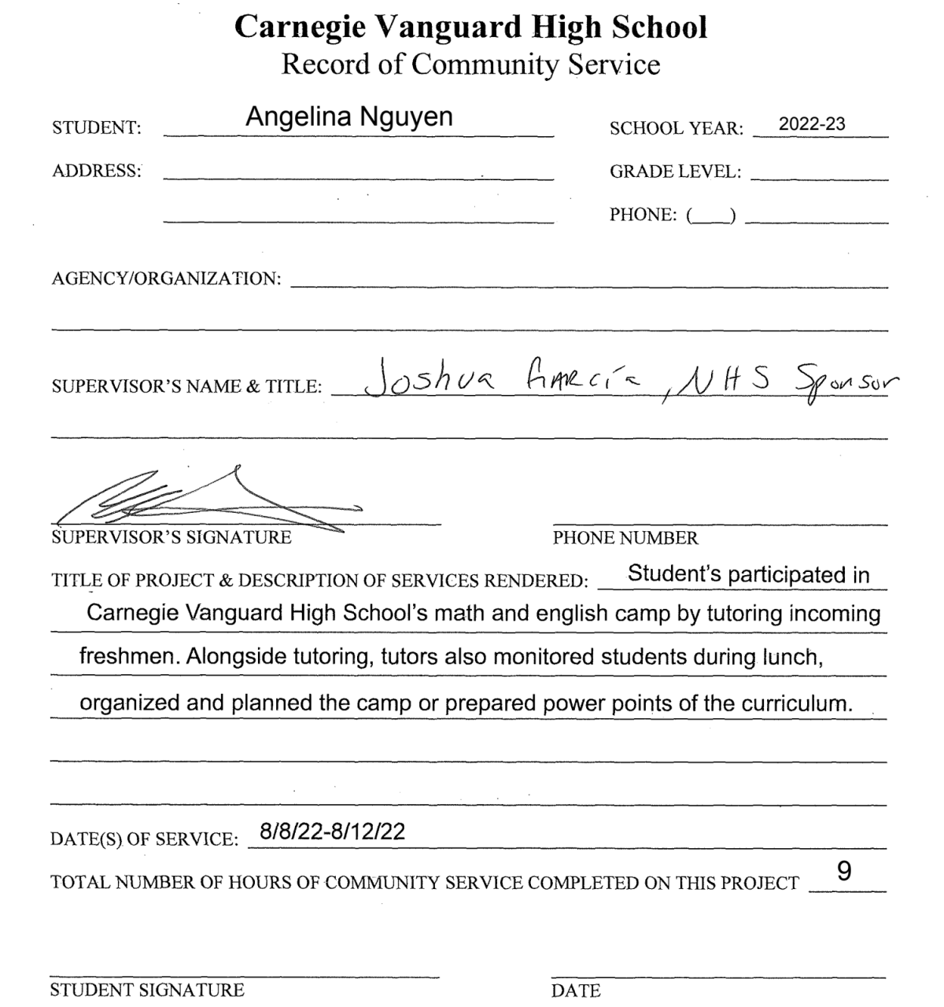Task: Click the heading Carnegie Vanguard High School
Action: [x=471, y=28]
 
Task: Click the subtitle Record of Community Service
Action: [x=470, y=64]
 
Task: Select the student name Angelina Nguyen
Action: [x=348, y=117]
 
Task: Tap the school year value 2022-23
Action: [x=812, y=124]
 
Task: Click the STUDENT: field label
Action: [x=97, y=128]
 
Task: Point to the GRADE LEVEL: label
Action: [x=675, y=172]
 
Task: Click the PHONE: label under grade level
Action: [x=643, y=215]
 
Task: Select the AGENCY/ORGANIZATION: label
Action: [x=166, y=278]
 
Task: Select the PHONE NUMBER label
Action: [x=625, y=538]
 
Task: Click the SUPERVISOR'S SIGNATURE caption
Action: [x=171, y=538]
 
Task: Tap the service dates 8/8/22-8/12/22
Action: [x=332, y=832]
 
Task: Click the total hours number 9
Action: [x=844, y=872]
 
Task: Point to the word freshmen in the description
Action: [x=129, y=658]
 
